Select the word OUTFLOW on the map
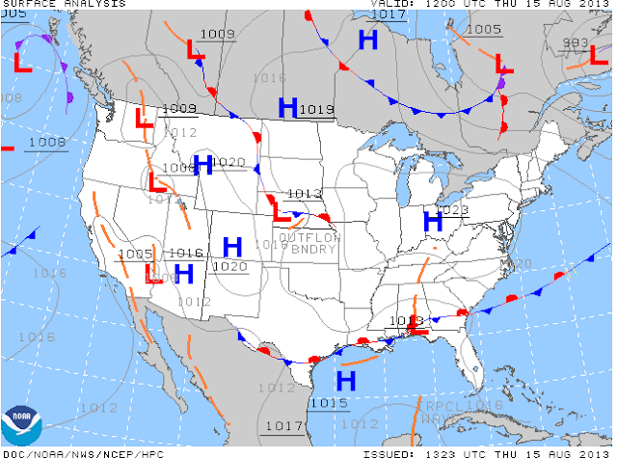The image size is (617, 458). [x=308, y=237]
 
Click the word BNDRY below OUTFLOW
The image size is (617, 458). [x=308, y=250]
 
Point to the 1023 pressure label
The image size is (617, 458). [x=451, y=210]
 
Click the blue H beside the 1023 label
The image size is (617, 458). [x=433, y=221]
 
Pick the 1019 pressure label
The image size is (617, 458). [x=316, y=110]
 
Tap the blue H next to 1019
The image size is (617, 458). [x=287, y=108]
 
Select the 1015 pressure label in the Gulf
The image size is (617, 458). [x=329, y=402]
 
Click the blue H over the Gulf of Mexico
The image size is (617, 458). [x=345, y=379]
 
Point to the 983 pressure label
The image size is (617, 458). [x=576, y=42]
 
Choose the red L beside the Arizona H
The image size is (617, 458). [x=152, y=275]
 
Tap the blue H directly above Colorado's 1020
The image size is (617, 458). [x=231, y=247]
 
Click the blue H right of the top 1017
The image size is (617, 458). [x=367, y=40]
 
